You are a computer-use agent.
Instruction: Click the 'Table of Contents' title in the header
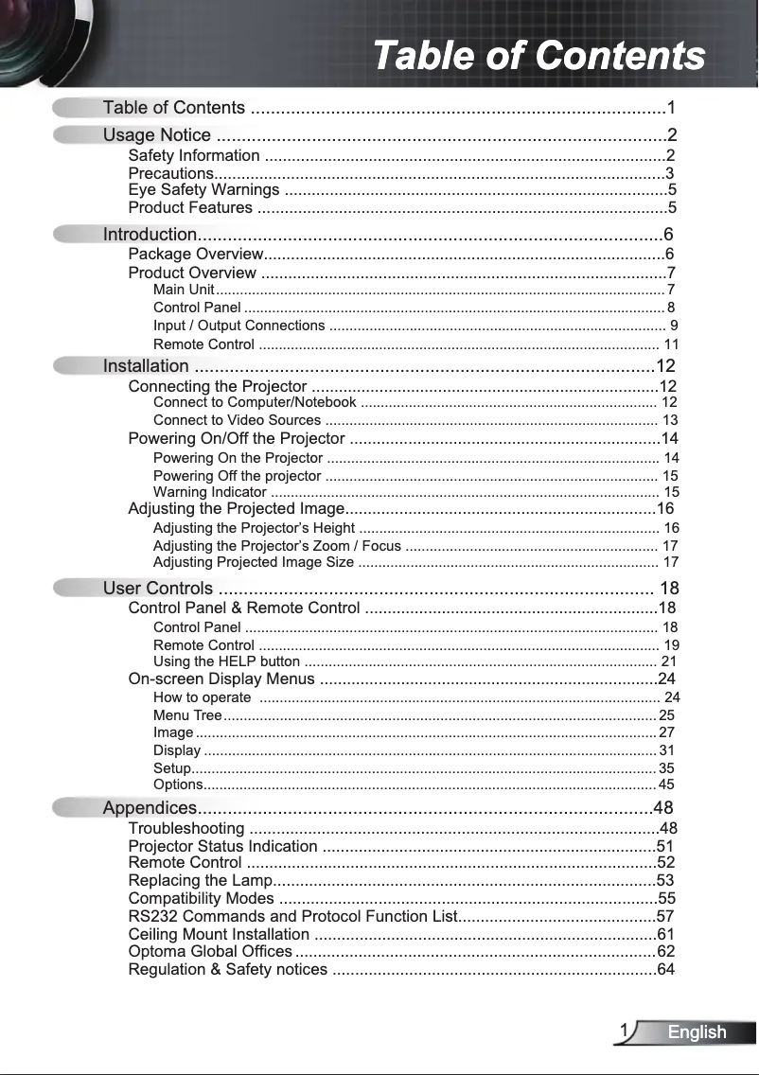click(538, 56)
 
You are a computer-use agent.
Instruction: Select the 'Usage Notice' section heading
click(157, 135)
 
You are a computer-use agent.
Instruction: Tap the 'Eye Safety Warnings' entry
click(203, 190)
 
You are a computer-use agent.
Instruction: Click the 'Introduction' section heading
click(150, 235)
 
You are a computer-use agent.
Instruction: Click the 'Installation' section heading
click(146, 366)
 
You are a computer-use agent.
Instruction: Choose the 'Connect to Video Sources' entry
click(237, 420)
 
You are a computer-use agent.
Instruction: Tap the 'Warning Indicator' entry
click(209, 492)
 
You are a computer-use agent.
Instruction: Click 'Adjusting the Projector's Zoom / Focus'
click(276, 546)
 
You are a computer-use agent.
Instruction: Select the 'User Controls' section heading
click(158, 589)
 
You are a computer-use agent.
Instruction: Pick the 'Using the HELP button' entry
click(226, 661)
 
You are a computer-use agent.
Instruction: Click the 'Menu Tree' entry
click(187, 715)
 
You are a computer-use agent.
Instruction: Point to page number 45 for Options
click(666, 784)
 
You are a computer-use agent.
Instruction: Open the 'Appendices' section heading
click(150, 808)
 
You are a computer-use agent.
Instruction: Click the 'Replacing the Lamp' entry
click(199, 881)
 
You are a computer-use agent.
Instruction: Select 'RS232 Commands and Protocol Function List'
click(292, 916)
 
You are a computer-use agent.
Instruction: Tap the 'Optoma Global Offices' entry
click(210, 951)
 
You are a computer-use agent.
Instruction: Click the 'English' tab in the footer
click(697, 1032)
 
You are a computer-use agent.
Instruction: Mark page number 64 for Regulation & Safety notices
click(666, 969)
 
